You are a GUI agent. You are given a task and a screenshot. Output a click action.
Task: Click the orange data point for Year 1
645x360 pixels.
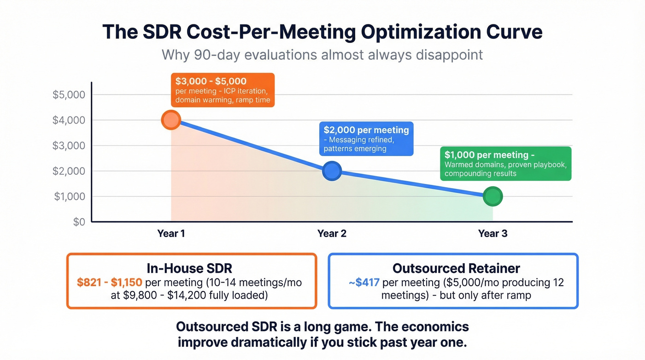click(171, 120)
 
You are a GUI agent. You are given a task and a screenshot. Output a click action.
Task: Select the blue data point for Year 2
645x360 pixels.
click(332, 171)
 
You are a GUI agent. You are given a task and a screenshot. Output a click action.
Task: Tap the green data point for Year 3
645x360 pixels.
click(493, 196)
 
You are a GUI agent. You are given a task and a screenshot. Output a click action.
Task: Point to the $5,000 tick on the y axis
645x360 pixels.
click(69, 95)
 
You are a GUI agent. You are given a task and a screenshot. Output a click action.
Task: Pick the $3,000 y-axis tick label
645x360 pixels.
click(69, 146)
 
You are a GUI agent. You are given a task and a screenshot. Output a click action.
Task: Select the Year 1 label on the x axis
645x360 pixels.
click(171, 234)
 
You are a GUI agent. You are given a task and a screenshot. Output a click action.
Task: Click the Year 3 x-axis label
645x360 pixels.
click(493, 234)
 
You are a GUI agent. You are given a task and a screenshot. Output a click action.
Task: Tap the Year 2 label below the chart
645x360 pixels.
click(332, 234)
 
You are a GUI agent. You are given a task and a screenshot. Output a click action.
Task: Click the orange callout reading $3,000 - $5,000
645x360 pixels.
click(223, 90)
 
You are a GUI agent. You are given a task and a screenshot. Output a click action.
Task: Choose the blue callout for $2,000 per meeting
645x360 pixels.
click(366, 139)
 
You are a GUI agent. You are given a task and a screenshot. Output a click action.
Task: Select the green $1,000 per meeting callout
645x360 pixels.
click(505, 164)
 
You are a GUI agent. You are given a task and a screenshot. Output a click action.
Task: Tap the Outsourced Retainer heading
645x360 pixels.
click(456, 268)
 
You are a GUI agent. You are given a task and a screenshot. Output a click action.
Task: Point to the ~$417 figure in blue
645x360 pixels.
click(364, 282)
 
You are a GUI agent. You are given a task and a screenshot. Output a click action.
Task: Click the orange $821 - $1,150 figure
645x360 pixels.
click(110, 282)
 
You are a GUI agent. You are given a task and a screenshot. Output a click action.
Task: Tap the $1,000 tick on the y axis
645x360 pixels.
click(69, 197)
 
